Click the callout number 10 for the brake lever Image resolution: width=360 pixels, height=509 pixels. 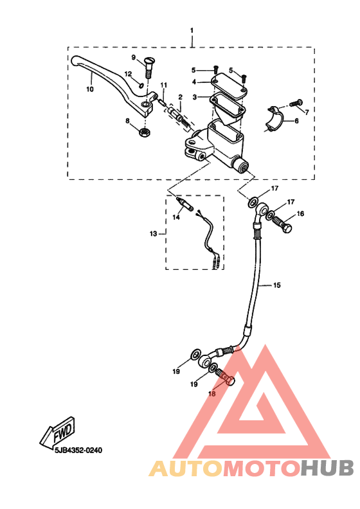coord(90,89)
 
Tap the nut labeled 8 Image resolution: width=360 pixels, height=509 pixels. coord(144,132)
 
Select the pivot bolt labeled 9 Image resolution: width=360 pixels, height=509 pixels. coord(147,68)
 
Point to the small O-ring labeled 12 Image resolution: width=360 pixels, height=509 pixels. coord(141,85)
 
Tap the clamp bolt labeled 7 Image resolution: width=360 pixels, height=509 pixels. coord(296,103)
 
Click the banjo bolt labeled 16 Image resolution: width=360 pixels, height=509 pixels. coord(282,225)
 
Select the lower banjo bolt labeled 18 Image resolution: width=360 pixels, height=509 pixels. coord(225,378)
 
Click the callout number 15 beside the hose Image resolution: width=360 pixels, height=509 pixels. coord(276,285)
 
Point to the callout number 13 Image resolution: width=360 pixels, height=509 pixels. coord(153,234)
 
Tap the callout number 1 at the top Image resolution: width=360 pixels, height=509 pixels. coord(192,30)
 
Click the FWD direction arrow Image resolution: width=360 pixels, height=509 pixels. coord(57,431)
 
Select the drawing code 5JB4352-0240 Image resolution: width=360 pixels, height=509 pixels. coord(78,451)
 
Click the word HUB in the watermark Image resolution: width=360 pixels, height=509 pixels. coord(327,469)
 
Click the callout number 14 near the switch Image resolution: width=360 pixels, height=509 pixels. coord(176,217)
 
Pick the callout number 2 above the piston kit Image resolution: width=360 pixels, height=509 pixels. coord(181,97)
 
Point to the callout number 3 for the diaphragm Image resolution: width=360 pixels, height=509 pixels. coord(194,97)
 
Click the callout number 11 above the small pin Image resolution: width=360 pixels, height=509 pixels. coord(164,85)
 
